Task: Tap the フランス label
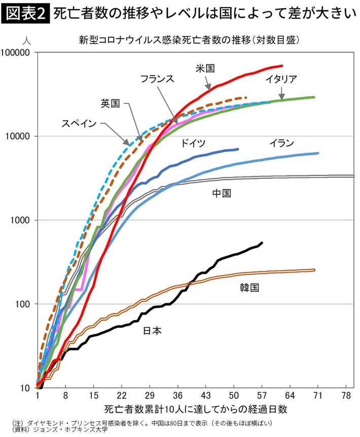pos(157,79)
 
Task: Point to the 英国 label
pos(110,103)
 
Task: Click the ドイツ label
pos(193,143)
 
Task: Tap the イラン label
pos(281,143)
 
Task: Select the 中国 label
pos(222,193)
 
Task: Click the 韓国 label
pos(249,287)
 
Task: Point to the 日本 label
pos(153,331)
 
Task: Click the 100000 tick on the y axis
pos(16,52)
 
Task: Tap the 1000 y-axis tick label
pos(20,220)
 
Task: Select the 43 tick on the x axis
pos(206,395)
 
